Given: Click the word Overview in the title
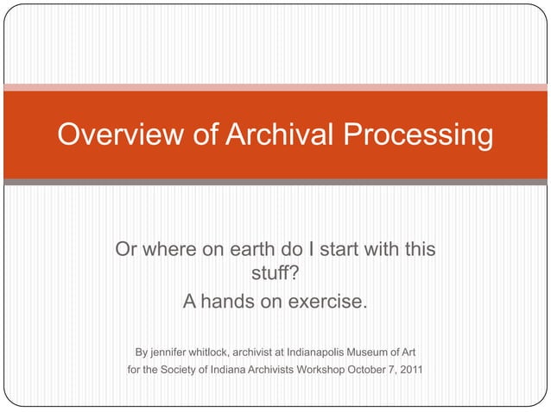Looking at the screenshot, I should click(x=111, y=134).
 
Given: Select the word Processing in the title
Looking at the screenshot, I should click(x=418, y=134).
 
